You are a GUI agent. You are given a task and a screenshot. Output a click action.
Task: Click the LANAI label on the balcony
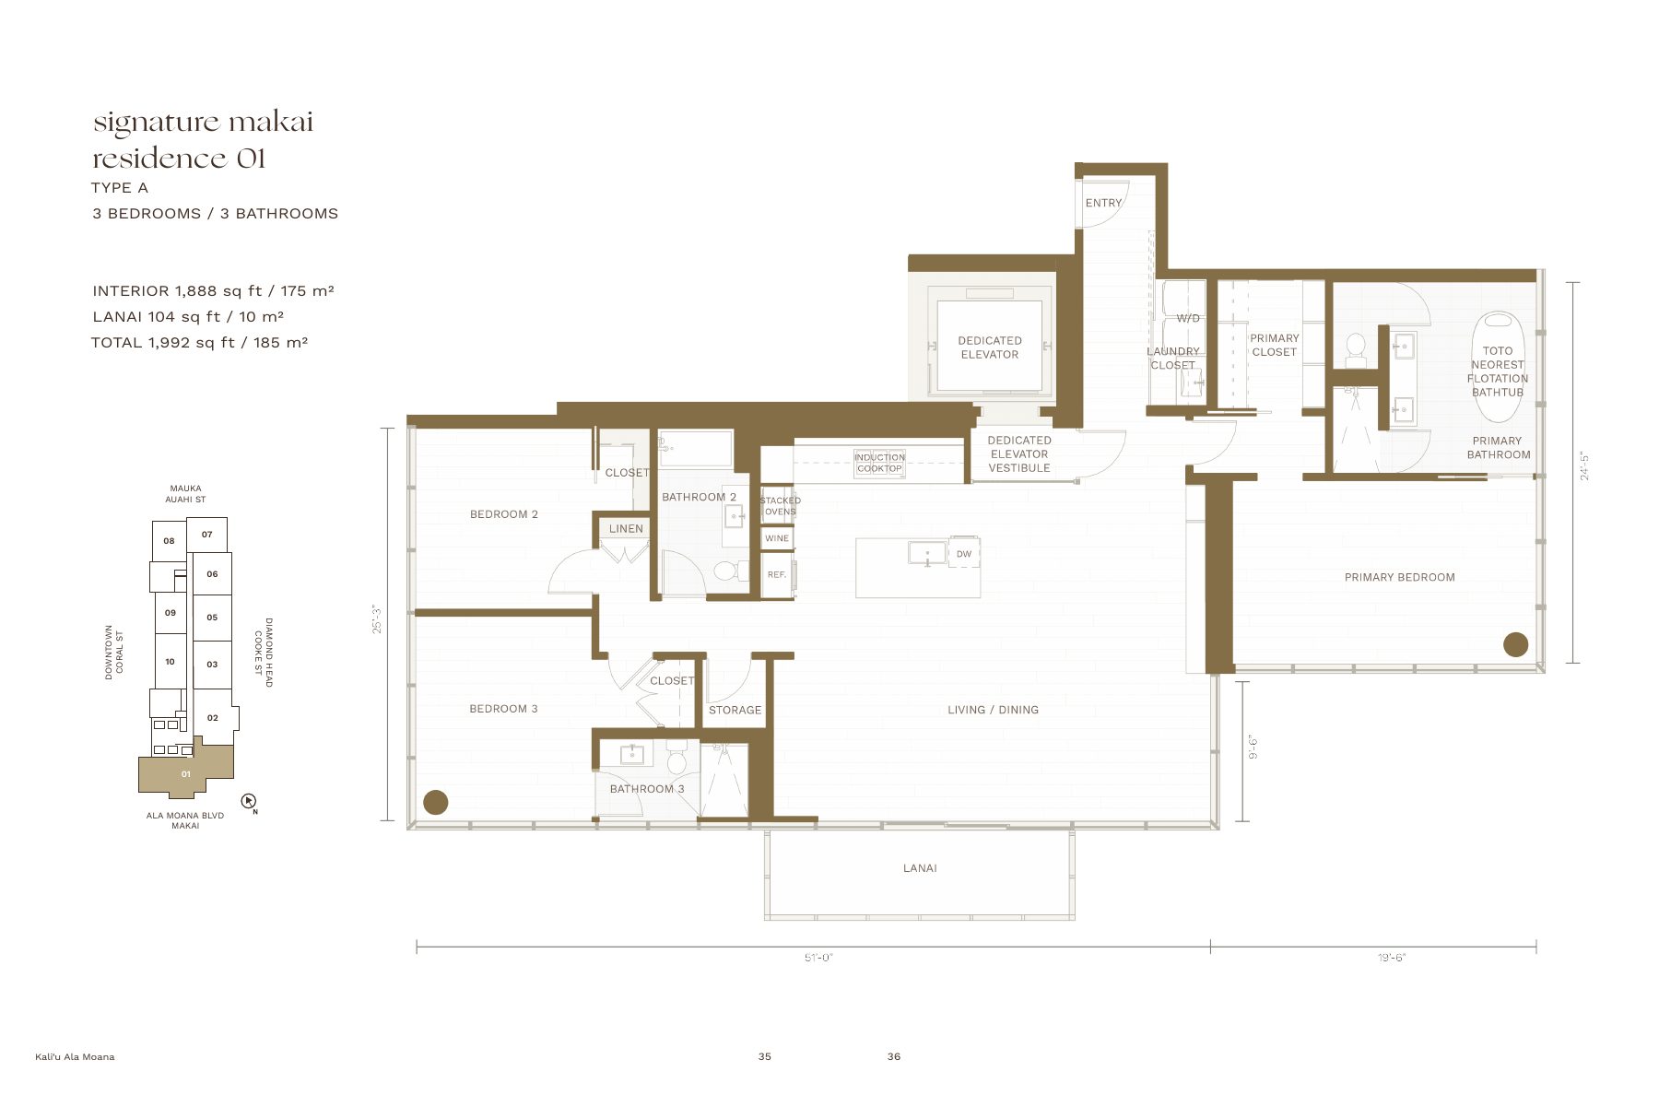920,868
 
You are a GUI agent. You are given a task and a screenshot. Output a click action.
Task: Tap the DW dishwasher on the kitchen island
964,554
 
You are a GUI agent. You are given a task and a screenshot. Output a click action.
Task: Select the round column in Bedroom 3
435,802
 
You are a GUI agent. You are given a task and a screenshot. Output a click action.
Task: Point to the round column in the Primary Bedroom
1515,644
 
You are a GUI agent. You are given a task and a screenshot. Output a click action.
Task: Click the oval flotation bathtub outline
1498,368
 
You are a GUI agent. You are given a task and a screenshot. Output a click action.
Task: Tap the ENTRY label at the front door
1103,203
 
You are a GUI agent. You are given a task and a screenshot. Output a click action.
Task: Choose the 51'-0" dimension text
818,958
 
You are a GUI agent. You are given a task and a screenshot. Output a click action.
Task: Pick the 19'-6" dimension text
1392,958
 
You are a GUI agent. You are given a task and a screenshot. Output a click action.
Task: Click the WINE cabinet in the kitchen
777,538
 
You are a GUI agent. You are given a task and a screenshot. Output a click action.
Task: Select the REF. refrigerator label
777,574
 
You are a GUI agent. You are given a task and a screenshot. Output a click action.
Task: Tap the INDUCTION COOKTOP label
879,463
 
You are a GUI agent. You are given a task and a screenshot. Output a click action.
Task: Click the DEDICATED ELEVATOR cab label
990,347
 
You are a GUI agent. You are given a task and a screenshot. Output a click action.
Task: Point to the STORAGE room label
735,710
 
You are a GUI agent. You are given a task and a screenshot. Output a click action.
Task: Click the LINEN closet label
626,528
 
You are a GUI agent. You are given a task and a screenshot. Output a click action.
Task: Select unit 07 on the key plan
207,535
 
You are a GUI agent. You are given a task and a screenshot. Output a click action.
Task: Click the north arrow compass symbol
248,801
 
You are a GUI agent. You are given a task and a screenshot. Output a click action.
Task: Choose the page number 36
894,1056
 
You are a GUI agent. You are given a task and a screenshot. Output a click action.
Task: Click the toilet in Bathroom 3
677,758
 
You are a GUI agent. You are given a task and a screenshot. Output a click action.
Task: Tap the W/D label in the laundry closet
1188,319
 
